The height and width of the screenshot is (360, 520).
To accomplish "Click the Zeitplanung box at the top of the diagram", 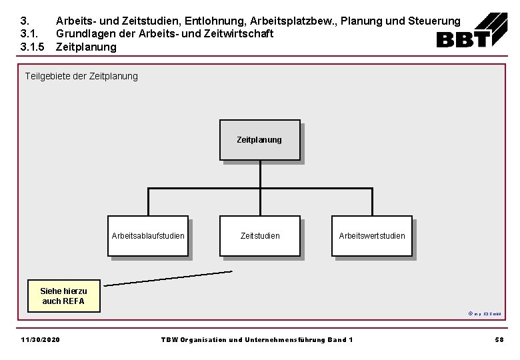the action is pyautogui.click(x=259, y=140).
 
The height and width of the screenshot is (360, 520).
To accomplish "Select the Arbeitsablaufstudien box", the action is pyautogui.click(x=148, y=235).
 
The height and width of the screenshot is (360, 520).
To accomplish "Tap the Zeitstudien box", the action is pyautogui.click(x=259, y=235).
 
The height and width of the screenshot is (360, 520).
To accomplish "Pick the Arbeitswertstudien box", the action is pyautogui.click(x=371, y=235).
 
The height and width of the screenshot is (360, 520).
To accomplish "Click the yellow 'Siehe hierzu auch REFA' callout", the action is pyautogui.click(x=63, y=296).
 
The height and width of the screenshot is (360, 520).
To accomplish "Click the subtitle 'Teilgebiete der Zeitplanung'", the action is pyautogui.click(x=81, y=76).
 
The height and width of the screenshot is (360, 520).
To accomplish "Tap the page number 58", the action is pyautogui.click(x=499, y=340).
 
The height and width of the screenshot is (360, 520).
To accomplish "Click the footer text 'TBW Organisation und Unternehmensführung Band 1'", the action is pyautogui.click(x=257, y=340).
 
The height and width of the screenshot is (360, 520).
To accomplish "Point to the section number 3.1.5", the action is pyautogui.click(x=32, y=47).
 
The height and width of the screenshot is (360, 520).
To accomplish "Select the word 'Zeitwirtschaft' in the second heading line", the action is pyautogui.click(x=237, y=34).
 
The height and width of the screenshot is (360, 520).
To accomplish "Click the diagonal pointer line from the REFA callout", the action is pyautogui.click(x=168, y=278).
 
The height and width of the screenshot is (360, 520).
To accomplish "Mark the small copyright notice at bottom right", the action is pyautogui.click(x=485, y=313).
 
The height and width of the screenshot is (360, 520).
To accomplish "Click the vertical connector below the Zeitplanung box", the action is pyautogui.click(x=260, y=175).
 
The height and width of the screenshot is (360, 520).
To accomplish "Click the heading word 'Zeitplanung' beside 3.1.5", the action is pyautogui.click(x=86, y=47).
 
